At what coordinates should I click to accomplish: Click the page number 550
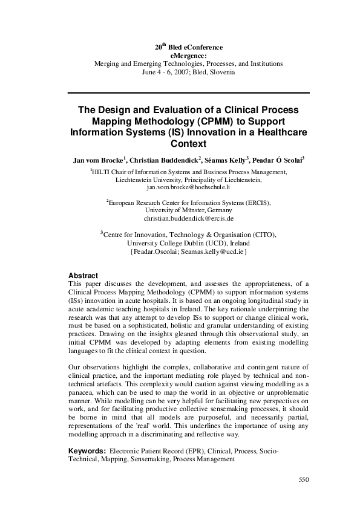tap(304, 480)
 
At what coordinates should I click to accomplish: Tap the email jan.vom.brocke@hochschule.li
tap(189, 188)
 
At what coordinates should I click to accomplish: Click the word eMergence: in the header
tap(189, 55)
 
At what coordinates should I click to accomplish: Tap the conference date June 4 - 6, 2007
tap(165, 71)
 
